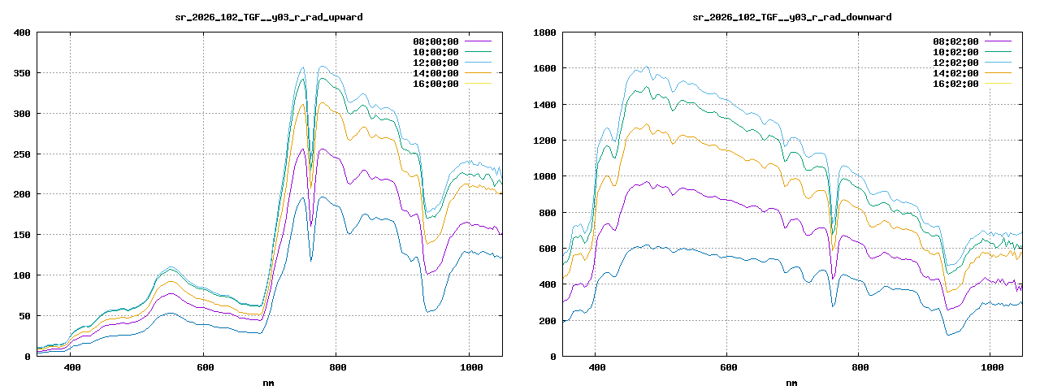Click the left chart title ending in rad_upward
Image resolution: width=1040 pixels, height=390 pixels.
pyautogui.click(x=269, y=17)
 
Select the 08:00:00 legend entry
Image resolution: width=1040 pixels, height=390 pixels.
pyautogui.click(x=435, y=41)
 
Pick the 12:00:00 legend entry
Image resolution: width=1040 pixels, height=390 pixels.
pyautogui.click(x=435, y=63)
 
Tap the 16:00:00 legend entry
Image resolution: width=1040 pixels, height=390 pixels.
pyautogui.click(x=435, y=84)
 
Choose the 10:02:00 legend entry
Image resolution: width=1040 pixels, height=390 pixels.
pyautogui.click(x=955, y=52)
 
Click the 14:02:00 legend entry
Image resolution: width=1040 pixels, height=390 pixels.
pyautogui.click(x=955, y=73)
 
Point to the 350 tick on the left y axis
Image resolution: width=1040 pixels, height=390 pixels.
pyautogui.click(x=22, y=73)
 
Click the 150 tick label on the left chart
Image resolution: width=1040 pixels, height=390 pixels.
pyautogui.click(x=22, y=235)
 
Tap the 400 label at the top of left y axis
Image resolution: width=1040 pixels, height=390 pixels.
pyautogui.click(x=22, y=32)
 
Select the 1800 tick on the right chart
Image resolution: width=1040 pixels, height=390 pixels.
pyautogui.click(x=544, y=32)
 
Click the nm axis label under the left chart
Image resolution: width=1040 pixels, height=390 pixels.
pyautogui.click(x=269, y=382)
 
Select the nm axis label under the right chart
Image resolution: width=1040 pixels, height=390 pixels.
pyautogui.click(x=791, y=382)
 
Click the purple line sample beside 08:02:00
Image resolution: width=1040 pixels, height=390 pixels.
pyautogui.click(x=998, y=41)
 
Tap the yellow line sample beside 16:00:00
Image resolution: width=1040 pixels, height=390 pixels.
pyautogui.click(x=478, y=84)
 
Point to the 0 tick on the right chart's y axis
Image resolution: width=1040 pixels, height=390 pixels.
pyautogui.click(x=552, y=356)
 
